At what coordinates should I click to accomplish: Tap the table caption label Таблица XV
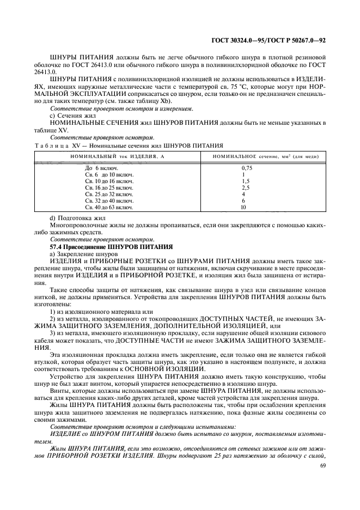click(57, 146)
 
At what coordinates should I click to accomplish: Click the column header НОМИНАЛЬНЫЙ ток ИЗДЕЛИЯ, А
click(111, 157)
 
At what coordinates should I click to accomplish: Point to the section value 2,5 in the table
click(246, 187)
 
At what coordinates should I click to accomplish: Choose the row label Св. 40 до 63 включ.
click(109, 207)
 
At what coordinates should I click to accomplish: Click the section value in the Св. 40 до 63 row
click(243, 207)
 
